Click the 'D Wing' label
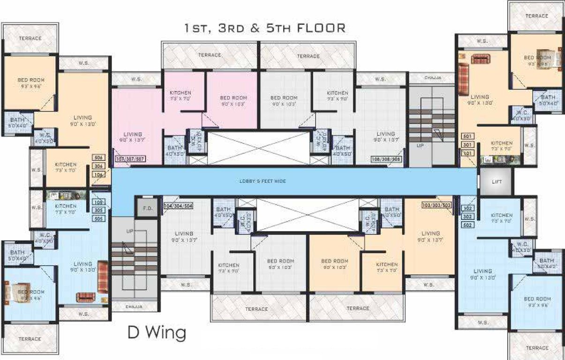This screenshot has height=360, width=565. [x=157, y=333]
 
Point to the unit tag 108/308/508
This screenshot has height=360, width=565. [x=386, y=159]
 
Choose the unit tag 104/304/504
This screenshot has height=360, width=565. [x=179, y=206]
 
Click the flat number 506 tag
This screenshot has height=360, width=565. [x=98, y=158]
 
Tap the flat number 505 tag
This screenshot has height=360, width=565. [x=99, y=218]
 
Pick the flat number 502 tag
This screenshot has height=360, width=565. [x=467, y=225]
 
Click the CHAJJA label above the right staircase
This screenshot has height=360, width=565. [x=432, y=78]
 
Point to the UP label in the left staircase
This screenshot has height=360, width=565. [x=130, y=232]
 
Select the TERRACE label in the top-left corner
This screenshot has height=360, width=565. [x=30, y=38]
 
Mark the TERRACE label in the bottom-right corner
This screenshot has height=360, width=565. [x=536, y=348]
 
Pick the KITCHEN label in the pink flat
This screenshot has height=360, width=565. [x=180, y=93]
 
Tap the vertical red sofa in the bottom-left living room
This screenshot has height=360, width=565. [x=103, y=271]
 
